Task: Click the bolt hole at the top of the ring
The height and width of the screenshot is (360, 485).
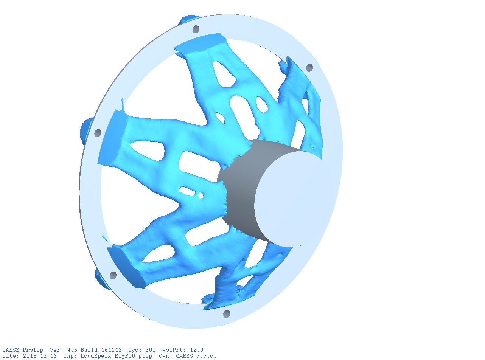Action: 196,29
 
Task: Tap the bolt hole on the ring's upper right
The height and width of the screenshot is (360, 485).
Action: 309,68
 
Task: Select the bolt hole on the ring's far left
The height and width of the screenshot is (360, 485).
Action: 98,133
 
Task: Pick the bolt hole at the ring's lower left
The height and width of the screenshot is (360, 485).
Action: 113,275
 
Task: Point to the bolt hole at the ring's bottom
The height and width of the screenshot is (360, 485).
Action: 227,314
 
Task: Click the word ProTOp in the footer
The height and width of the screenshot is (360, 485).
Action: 33,350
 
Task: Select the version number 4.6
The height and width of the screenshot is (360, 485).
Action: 72,350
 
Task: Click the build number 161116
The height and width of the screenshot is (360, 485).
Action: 111,350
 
